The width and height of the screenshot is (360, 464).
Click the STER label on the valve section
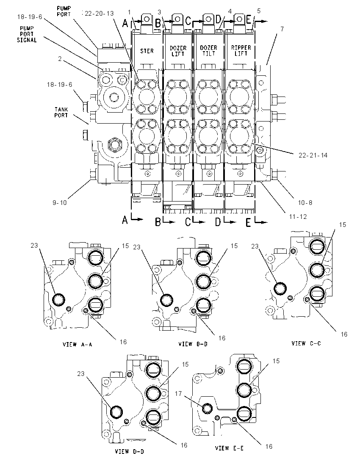click(x=147, y=51)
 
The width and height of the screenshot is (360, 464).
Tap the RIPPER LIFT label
click(x=241, y=51)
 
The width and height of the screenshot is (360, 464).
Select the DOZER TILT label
click(x=209, y=51)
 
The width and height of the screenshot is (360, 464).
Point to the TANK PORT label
click(x=61, y=113)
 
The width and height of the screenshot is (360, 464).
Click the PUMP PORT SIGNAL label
click(x=27, y=34)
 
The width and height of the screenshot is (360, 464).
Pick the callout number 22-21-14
click(x=313, y=155)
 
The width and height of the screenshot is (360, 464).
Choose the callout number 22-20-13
click(x=99, y=13)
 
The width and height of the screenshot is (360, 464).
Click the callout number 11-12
click(x=298, y=217)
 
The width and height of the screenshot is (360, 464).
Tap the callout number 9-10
click(x=60, y=202)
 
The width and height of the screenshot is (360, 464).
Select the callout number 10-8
click(x=305, y=203)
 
